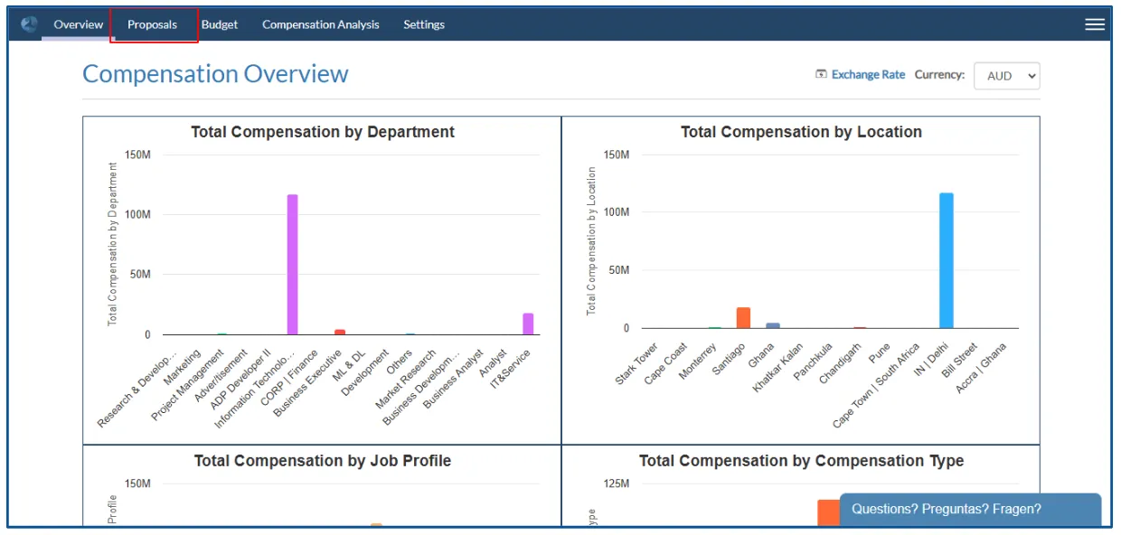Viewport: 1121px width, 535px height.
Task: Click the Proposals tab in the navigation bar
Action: point(152,24)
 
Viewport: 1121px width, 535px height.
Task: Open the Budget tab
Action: point(220,24)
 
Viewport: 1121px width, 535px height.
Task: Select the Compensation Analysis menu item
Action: point(321,24)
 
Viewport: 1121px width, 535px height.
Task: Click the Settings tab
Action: point(424,24)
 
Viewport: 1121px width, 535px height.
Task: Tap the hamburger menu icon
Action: point(1095,24)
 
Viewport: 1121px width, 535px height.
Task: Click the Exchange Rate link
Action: point(867,75)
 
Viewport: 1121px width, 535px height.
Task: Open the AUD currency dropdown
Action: point(1006,76)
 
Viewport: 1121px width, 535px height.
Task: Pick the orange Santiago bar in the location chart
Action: point(743,317)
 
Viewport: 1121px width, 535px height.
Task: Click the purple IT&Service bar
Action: point(528,324)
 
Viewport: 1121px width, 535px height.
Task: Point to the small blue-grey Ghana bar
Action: point(773,325)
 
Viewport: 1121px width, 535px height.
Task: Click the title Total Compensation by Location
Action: point(801,132)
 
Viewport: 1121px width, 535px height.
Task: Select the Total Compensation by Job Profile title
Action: point(323,461)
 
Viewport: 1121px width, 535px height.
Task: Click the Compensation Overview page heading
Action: point(215,74)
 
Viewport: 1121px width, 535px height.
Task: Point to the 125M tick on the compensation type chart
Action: point(616,484)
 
